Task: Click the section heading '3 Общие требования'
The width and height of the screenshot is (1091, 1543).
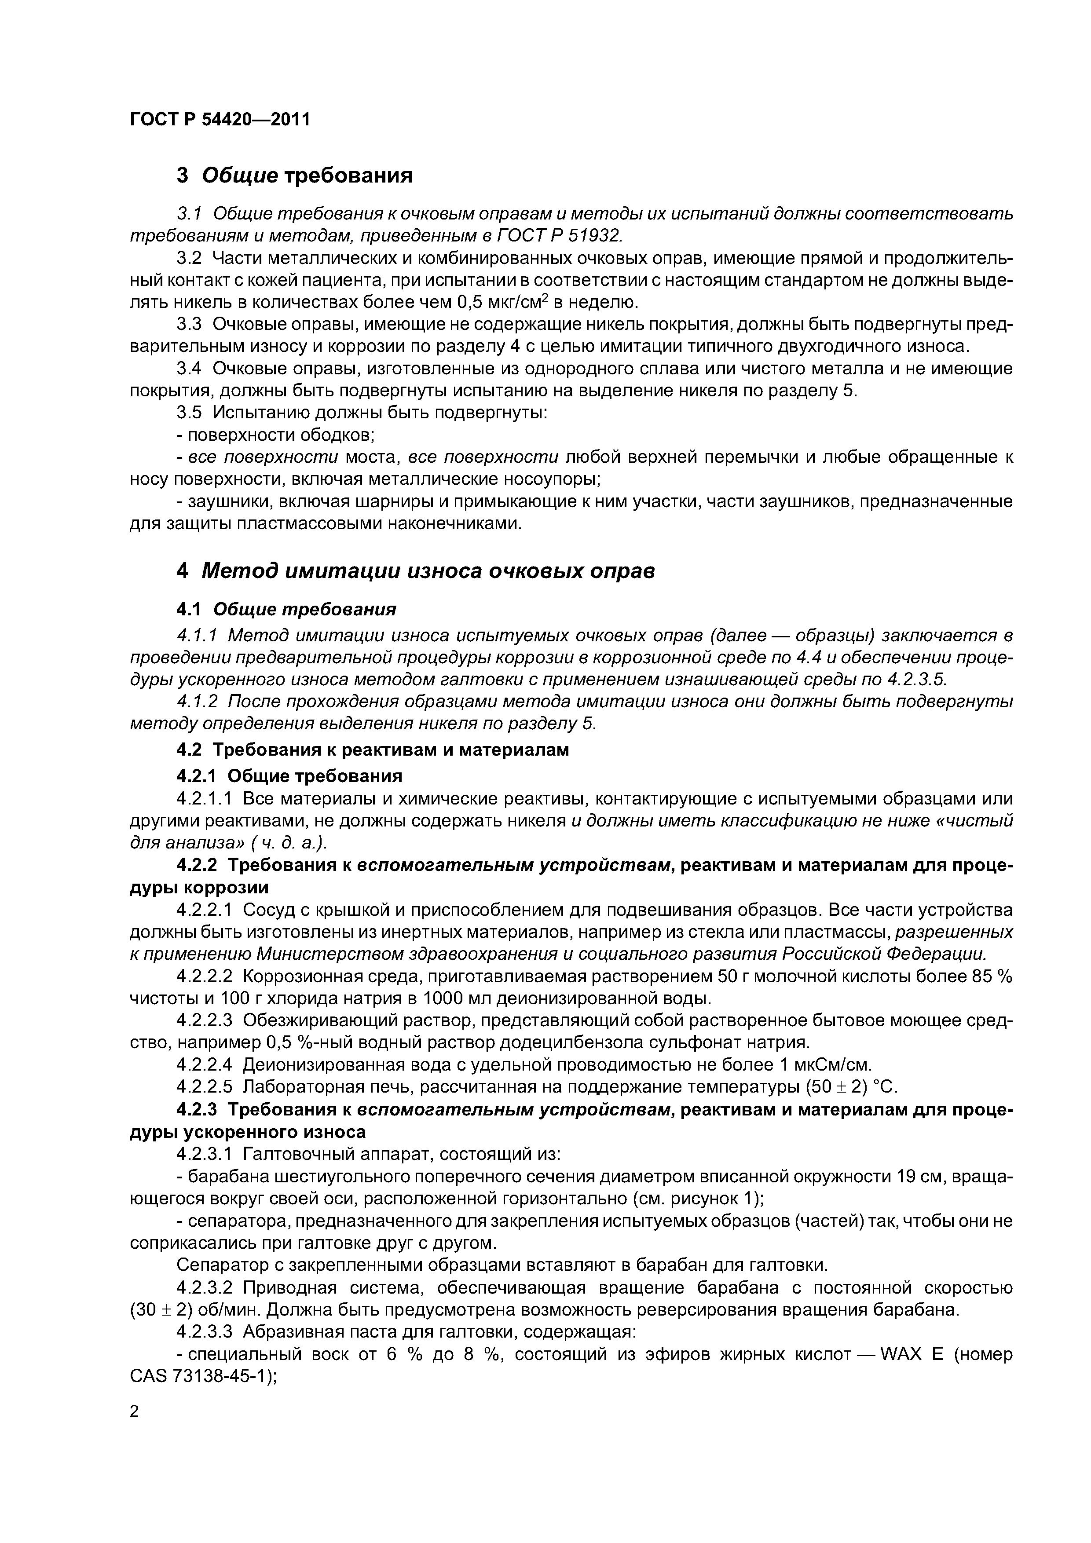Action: pos(294,176)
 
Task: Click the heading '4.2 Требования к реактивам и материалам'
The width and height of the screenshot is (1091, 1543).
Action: pos(373,750)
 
